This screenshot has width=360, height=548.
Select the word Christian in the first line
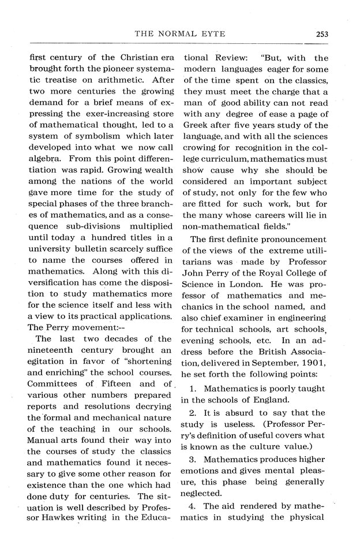click(123, 58)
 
